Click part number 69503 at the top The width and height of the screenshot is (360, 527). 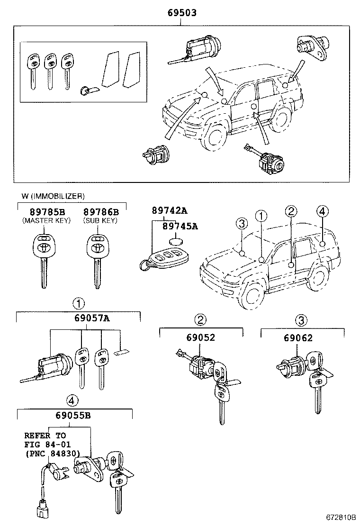pos(181,13)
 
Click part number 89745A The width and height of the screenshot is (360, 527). pos(180,226)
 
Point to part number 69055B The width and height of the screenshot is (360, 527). pos(75,416)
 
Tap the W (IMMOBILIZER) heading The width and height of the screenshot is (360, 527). pos(53,196)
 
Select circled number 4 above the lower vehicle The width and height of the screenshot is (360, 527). pos(322,211)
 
